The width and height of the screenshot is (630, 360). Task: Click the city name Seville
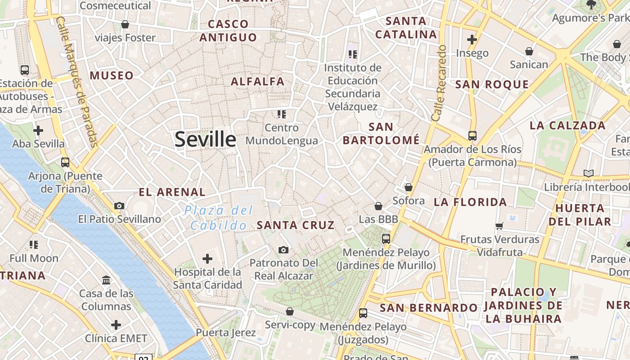coord(205,139)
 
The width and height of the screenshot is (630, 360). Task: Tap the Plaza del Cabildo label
coord(219,218)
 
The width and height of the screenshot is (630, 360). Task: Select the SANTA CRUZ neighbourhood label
coord(296,225)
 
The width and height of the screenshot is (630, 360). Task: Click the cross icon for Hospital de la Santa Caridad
coord(207,259)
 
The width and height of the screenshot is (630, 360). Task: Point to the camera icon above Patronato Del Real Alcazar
coord(283,250)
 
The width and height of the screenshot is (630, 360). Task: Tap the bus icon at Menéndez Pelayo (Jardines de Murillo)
coord(386,239)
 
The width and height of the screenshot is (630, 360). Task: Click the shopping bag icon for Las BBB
coord(378,206)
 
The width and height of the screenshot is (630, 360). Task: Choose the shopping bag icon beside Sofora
coord(409,187)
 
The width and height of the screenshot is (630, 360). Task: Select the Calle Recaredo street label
coord(438,83)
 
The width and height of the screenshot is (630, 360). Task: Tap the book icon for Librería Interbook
coord(588,173)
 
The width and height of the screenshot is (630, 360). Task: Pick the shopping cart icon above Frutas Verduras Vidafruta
coord(499,226)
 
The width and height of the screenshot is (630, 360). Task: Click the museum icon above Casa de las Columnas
coord(107,280)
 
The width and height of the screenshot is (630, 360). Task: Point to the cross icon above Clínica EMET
coord(116,324)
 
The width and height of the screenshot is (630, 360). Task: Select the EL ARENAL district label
coord(172,193)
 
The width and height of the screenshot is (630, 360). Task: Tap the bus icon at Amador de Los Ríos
coord(472,135)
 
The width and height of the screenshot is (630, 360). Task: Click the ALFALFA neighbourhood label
coord(258,81)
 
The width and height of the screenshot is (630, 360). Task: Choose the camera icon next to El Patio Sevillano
coord(119,206)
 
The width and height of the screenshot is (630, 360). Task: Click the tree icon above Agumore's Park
coord(591,4)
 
